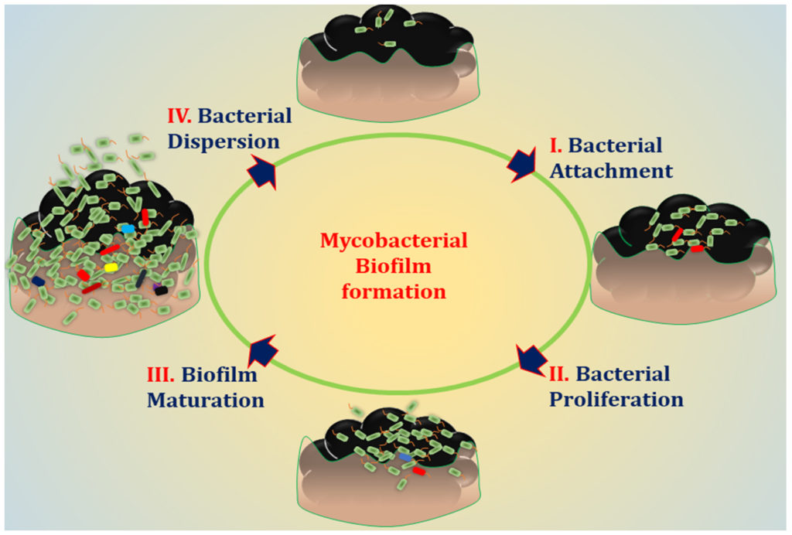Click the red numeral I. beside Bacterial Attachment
(x=554, y=145)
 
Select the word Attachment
(x=612, y=170)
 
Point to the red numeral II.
(x=559, y=374)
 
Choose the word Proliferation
(x=616, y=399)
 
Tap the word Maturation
(x=206, y=400)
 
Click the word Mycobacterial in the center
(x=394, y=240)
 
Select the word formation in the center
(x=394, y=293)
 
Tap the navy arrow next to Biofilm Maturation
(x=263, y=353)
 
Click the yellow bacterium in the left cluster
(x=111, y=267)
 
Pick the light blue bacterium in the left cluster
(x=128, y=230)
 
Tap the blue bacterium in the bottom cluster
(x=405, y=458)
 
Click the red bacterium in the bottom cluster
(x=419, y=470)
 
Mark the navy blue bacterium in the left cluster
(x=38, y=281)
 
